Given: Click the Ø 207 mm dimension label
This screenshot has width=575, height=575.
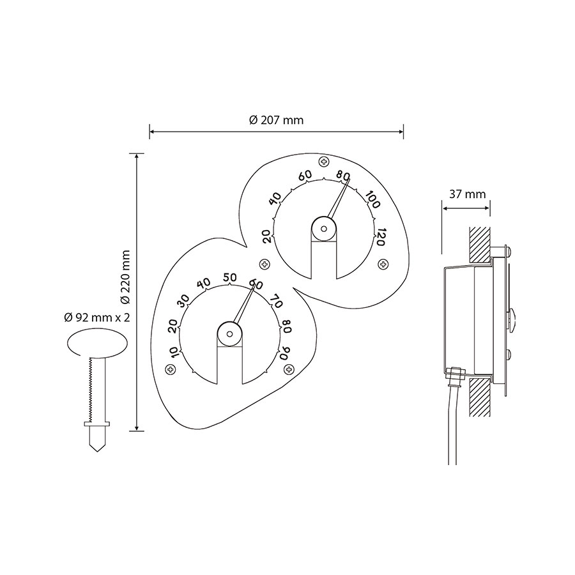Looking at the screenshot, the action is pos(276,120).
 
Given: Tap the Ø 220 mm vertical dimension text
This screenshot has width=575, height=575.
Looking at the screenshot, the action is pos(125,277).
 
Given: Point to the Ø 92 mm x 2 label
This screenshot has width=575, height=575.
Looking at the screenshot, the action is pos(97,318).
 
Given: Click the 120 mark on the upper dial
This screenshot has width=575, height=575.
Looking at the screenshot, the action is pos(381,237).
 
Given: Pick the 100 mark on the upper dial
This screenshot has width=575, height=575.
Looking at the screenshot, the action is pos(372,199).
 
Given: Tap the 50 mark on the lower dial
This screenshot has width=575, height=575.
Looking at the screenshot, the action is pos(229,278).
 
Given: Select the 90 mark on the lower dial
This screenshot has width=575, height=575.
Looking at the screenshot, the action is pos(285,353).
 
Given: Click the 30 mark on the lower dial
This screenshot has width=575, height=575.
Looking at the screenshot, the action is pos(184,301).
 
